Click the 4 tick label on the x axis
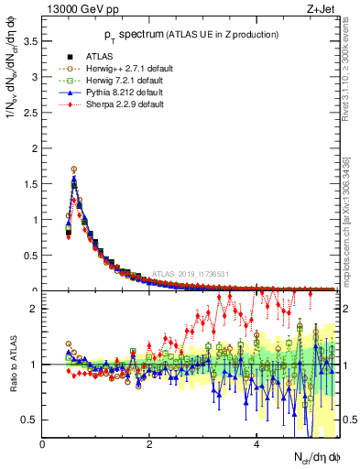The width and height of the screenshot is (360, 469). point(256,444)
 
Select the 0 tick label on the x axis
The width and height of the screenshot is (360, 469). point(43,444)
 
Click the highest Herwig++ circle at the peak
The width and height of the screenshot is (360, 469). point(73,169)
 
